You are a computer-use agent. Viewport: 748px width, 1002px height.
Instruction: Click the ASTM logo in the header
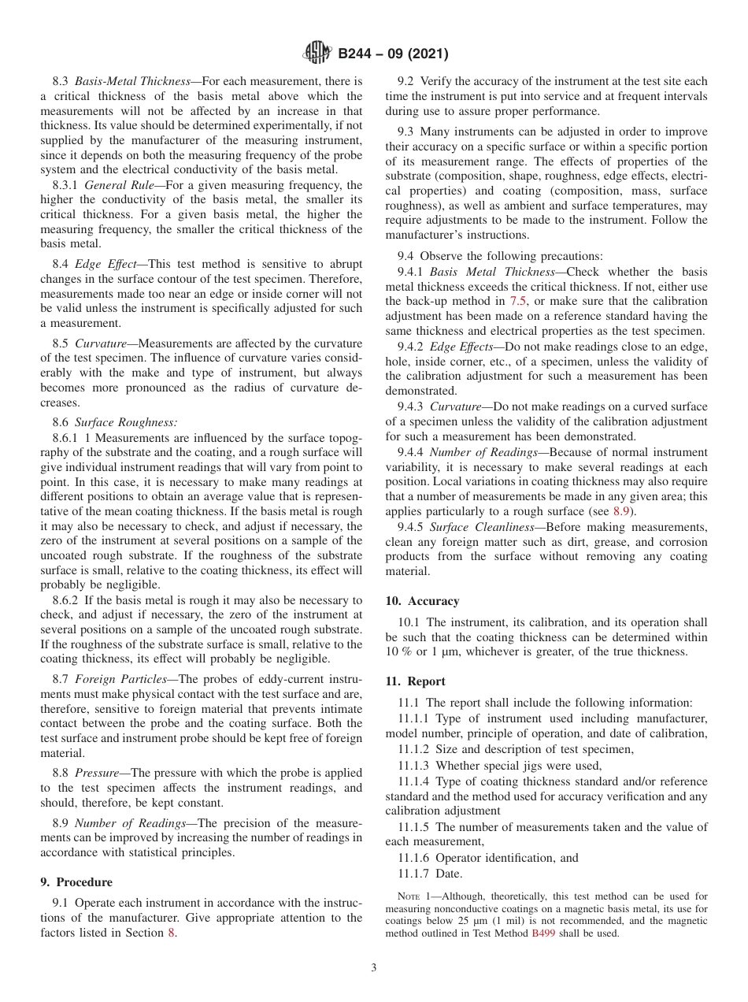[317, 54]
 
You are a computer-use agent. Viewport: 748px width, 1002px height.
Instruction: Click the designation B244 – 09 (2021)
[393, 54]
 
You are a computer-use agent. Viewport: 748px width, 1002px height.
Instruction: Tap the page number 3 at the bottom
[374, 967]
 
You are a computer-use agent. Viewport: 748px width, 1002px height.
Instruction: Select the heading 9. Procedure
[76, 882]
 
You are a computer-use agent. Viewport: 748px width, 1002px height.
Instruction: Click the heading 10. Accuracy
[422, 600]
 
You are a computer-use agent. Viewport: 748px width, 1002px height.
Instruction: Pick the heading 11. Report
[415, 681]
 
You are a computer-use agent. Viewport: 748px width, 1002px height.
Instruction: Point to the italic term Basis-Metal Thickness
[132, 81]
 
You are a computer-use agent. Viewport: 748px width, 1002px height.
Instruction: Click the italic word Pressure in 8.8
[96, 773]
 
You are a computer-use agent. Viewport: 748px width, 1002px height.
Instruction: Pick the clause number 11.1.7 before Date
[414, 874]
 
